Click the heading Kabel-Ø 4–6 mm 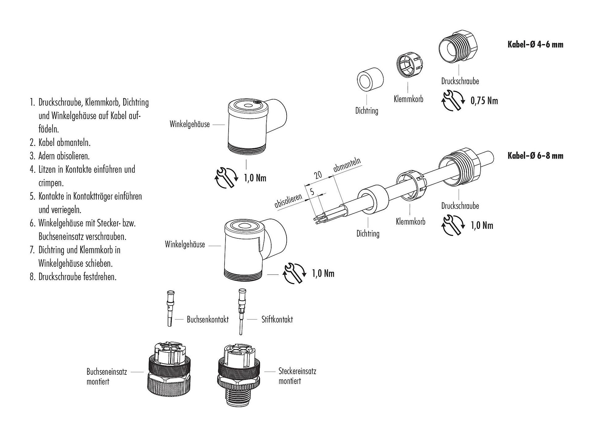pyautogui.click(x=535, y=44)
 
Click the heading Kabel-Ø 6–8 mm pyautogui.click(x=535, y=155)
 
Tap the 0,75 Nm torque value pyautogui.click(x=484, y=101)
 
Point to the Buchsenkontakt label pyautogui.click(x=208, y=319)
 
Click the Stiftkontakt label pyautogui.click(x=277, y=319)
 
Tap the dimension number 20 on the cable pyautogui.click(x=318, y=175)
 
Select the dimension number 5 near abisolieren pyautogui.click(x=312, y=192)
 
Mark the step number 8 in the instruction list pyautogui.click(x=32, y=277)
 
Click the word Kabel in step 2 pyautogui.click(x=47, y=142)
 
